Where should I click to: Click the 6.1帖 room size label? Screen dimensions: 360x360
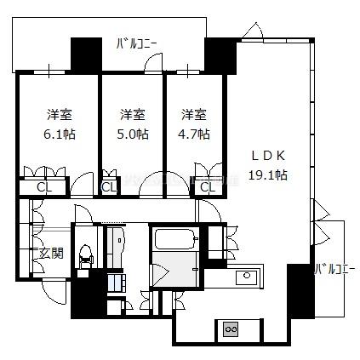(x=60, y=134)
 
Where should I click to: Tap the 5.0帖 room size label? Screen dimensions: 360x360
(x=133, y=134)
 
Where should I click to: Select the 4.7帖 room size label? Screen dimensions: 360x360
(x=194, y=134)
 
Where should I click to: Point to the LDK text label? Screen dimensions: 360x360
(x=268, y=156)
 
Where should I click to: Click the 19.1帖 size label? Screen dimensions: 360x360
(x=268, y=175)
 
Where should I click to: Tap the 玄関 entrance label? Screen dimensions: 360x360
(x=51, y=253)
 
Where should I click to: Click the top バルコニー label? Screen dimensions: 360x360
(x=136, y=44)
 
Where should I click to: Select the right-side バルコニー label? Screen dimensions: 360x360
(x=334, y=269)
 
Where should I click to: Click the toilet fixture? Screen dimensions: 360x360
(x=85, y=256)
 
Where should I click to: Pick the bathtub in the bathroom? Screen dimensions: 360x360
(x=176, y=237)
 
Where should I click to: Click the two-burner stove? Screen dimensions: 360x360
(x=231, y=329)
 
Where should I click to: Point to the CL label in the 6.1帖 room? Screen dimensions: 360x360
(x=44, y=187)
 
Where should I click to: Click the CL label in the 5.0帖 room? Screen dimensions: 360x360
(x=109, y=187)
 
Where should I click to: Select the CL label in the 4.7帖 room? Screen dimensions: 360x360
(x=208, y=187)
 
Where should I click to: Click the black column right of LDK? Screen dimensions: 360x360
(x=300, y=291)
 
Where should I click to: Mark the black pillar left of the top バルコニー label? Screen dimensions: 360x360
(x=86, y=54)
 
